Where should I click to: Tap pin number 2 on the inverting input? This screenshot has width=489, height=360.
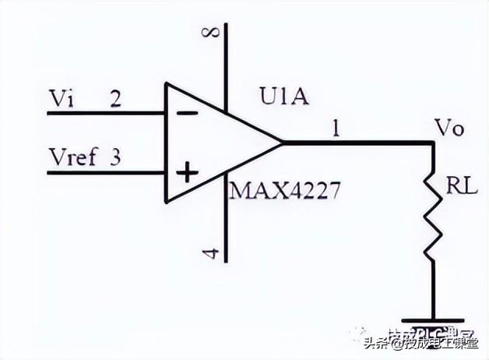point(115,99)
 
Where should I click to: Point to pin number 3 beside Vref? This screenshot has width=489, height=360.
point(115,158)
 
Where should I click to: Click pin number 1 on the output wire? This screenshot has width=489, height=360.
point(336,129)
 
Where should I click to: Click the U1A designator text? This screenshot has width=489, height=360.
point(285,98)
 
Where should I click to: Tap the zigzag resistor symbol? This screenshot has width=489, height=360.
point(432,222)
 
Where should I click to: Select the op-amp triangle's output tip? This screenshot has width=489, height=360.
point(281,143)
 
